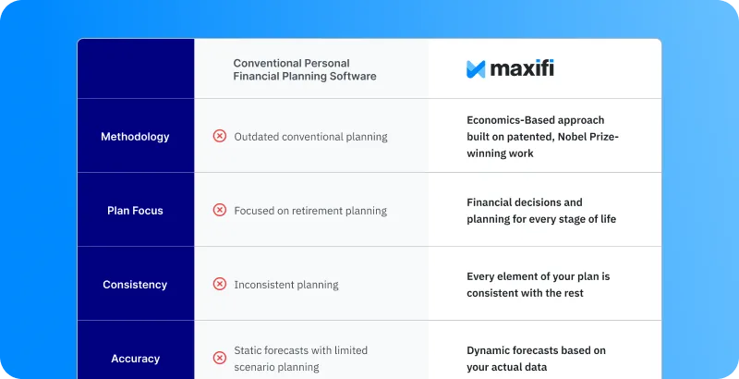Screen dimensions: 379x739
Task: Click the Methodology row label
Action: click(135, 137)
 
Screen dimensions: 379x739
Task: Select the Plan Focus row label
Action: click(135, 211)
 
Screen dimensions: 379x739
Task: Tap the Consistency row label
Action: click(135, 285)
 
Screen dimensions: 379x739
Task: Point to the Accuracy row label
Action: click(135, 359)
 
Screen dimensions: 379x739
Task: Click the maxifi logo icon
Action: click(476, 68)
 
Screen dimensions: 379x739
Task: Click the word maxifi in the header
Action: click(522, 68)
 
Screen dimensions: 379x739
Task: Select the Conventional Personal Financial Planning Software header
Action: click(305, 69)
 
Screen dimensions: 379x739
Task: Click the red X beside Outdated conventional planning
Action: click(220, 136)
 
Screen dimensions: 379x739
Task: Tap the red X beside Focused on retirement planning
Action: click(220, 210)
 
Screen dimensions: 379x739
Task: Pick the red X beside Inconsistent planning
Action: click(220, 284)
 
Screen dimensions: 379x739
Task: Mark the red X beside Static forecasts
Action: click(220, 358)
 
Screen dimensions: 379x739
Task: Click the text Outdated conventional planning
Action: click(310, 137)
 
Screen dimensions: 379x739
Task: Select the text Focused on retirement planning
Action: click(310, 211)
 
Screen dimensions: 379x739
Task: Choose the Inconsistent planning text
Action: click(286, 285)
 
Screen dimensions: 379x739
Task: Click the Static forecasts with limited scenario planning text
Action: click(301, 359)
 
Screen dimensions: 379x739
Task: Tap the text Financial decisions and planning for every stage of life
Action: click(541, 211)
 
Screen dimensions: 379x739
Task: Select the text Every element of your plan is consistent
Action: click(539, 285)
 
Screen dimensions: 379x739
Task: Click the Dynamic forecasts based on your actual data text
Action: click(537, 359)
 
